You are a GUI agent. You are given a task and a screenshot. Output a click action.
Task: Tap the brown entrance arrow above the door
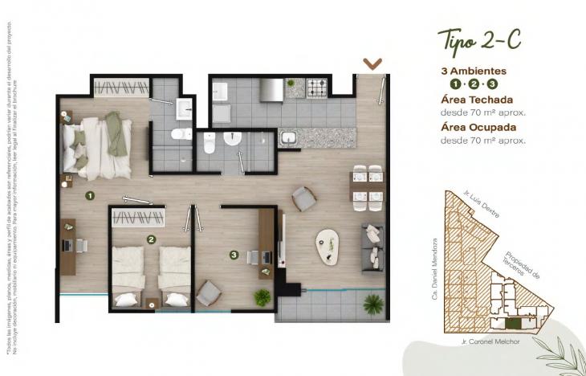372,63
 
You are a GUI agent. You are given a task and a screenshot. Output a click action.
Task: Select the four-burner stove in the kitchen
319,87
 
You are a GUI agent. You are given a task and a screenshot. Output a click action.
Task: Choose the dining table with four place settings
365,185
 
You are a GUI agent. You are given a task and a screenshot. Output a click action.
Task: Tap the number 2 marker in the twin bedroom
151,239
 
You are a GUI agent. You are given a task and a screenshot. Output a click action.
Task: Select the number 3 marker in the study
234,255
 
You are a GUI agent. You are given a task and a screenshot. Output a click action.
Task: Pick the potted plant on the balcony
372,304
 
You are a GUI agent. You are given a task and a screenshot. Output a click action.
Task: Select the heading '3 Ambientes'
474,70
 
